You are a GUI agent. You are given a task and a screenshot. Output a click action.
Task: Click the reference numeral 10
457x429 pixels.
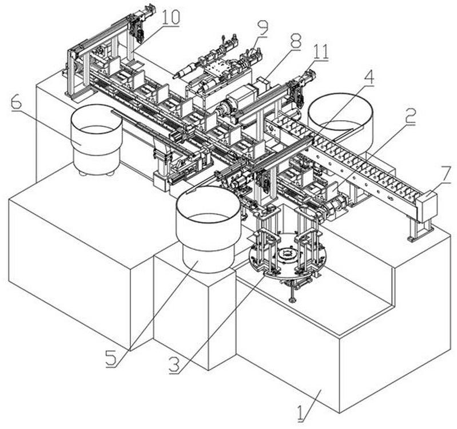coord(170,17)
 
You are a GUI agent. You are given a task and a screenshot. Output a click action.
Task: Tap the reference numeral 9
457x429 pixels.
coord(262,26)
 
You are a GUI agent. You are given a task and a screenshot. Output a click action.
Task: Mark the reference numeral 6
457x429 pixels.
coord(16,104)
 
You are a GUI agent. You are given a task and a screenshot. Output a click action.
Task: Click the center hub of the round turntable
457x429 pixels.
coord(288,253)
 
